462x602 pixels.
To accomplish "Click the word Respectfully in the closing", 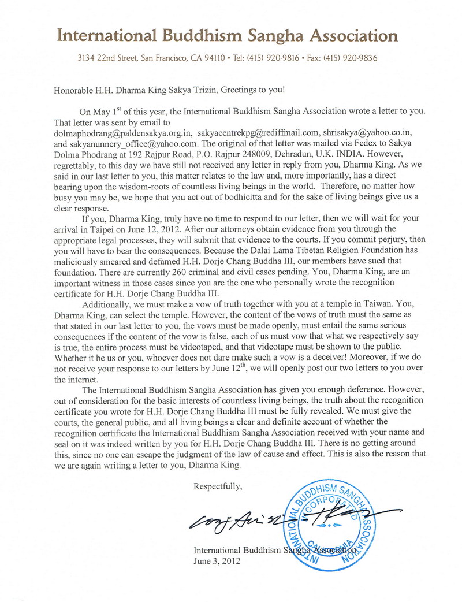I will [x=218, y=487].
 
